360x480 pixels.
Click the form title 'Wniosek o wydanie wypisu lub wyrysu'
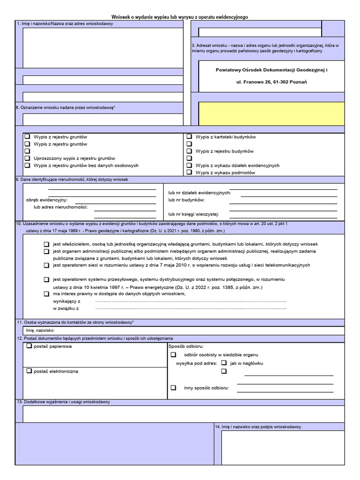(180, 17)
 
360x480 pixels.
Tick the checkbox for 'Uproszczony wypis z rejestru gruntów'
(27, 158)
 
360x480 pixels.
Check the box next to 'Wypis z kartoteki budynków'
(189, 137)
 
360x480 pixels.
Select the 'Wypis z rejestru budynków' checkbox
(189, 151)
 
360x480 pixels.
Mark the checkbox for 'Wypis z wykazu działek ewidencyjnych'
(189, 165)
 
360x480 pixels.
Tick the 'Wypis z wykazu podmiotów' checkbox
(189, 172)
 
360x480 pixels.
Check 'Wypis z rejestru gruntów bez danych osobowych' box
(27, 165)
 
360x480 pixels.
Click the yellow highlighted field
(271, 113)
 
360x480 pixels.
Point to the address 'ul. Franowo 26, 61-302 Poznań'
(272, 82)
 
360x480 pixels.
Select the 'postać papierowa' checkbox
(29, 346)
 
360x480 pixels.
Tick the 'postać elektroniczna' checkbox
(29, 371)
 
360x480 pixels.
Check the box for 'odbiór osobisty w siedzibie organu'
(173, 355)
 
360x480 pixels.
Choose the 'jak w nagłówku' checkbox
(224, 363)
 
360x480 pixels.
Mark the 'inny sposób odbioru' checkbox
(173, 388)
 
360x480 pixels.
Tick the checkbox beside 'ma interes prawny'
(46, 294)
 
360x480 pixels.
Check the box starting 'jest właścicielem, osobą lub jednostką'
(46, 244)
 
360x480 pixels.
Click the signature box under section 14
(283, 447)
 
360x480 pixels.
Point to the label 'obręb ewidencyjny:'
(47, 200)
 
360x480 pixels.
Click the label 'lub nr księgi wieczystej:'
(194, 214)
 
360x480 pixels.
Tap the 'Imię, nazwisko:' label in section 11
(41, 330)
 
